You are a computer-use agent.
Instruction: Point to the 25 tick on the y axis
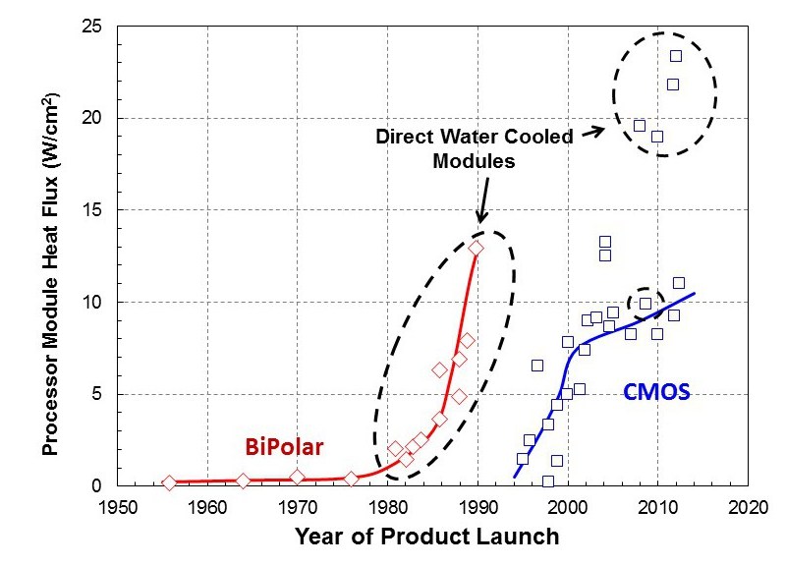pos(95,27)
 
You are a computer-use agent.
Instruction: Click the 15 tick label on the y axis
pos(95,210)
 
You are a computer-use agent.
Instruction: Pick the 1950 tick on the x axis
pos(117,508)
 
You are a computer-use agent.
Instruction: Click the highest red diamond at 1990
pos(477,249)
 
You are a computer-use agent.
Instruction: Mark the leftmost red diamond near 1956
pos(169,482)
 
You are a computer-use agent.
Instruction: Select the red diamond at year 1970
pos(297,477)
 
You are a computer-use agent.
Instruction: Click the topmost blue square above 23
pos(676,56)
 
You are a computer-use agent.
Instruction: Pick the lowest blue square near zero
pos(548,481)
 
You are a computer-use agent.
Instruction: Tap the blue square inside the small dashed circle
pos(646,304)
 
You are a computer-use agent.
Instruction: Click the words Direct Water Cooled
pos(474,137)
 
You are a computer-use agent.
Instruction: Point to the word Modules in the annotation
pos(475,161)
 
